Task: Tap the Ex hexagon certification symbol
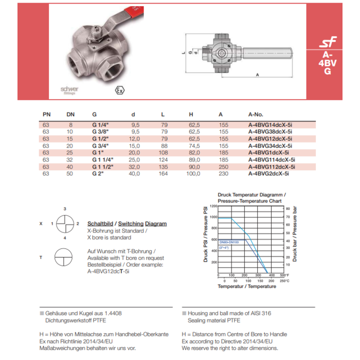[120, 89]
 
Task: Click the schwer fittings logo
[69, 89]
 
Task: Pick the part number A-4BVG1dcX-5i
[268, 153]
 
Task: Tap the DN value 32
[70, 160]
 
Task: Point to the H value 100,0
[193, 174]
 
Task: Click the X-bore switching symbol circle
[65, 224]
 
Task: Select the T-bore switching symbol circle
[65, 257]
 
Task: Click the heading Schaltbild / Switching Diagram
[127, 224]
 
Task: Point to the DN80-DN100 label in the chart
[229, 241]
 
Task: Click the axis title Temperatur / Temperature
[246, 286]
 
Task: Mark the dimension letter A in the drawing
[256, 75]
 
